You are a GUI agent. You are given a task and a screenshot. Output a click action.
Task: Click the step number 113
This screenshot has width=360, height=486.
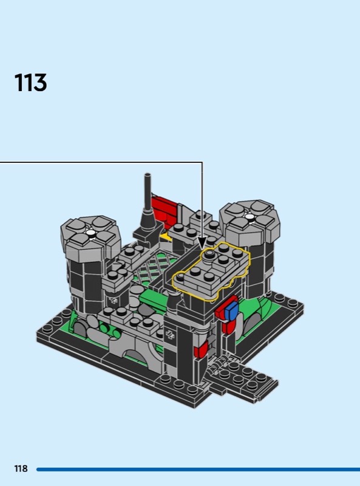pos(30,83)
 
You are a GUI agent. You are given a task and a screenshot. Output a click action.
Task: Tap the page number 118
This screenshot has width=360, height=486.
pos(21,468)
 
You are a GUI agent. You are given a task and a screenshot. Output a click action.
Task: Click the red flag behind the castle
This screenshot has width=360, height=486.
pos(165,208)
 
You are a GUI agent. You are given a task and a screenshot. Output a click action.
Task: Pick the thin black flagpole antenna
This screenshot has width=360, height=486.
pos(148,191)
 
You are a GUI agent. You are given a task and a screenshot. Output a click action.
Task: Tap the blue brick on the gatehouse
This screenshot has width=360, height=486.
pos(231,312)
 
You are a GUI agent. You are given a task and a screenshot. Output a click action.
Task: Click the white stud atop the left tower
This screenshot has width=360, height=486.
pos(90,233)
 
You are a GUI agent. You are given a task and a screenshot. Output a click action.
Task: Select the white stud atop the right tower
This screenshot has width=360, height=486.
pos(250,217)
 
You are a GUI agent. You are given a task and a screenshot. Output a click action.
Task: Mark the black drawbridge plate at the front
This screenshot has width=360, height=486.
pos(242,379)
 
